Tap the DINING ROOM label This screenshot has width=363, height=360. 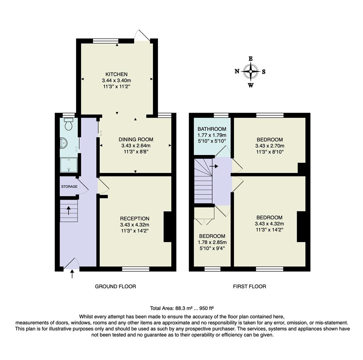[136, 140]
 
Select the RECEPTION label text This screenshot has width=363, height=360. [134, 219]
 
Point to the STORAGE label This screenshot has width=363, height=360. [69, 187]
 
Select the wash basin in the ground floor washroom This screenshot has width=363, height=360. [64, 143]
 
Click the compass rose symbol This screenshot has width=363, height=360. [250, 71]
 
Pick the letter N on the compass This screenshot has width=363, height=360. [237, 71]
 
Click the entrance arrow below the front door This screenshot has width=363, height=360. [72, 274]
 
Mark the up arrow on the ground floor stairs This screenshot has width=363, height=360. [69, 210]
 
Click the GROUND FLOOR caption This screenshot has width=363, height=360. [115, 286]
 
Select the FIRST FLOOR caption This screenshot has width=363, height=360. [249, 286]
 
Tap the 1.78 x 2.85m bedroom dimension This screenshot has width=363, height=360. [212, 242]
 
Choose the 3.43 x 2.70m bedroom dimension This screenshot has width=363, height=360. [269, 146]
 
